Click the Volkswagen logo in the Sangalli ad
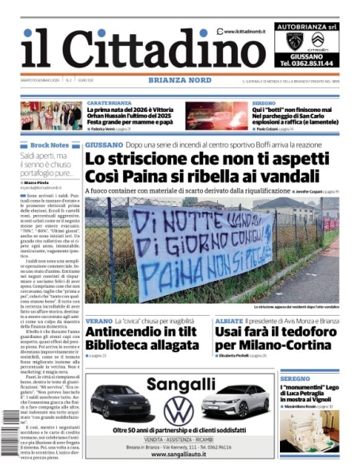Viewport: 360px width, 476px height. (x=178, y=410)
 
